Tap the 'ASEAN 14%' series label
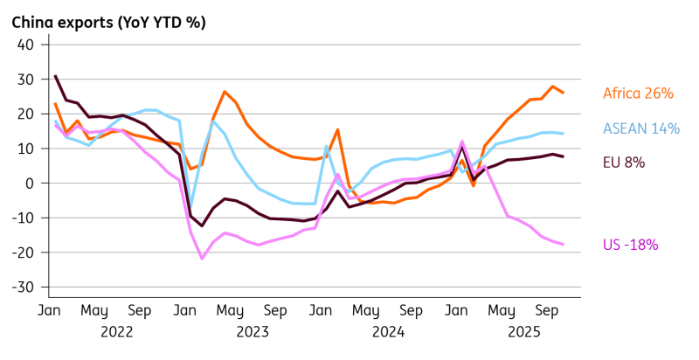[641, 128]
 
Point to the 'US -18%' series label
[631, 245]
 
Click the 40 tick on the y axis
[25, 45]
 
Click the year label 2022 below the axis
[116, 332]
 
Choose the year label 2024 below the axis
[387, 332]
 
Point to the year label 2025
[523, 332]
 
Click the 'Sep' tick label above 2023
[274, 310]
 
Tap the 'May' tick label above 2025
[501, 310]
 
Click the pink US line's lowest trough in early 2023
[202, 258]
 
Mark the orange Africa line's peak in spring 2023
[225, 92]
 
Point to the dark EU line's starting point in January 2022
[55, 76]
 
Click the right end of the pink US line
[563, 244]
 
